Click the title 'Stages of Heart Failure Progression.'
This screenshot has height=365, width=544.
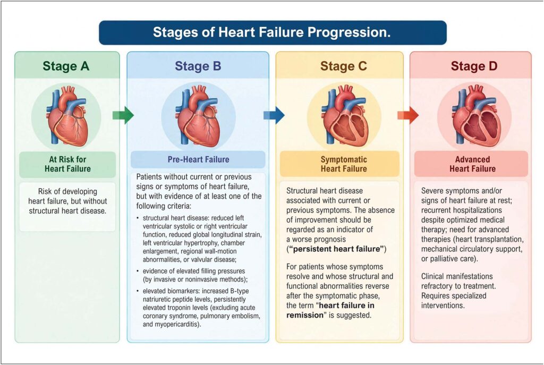click(271, 32)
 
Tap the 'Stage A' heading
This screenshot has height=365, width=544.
click(66, 66)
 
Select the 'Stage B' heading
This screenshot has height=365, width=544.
click(198, 66)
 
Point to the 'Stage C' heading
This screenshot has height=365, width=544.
click(344, 66)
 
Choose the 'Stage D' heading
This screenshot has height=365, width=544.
click(474, 66)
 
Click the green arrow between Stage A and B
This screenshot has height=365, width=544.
click(123, 115)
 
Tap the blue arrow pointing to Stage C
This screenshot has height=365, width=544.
click(274, 115)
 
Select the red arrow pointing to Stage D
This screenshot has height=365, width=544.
click(408, 115)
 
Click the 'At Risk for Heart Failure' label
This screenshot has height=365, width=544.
click(67, 164)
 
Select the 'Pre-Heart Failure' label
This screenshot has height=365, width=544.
click(199, 159)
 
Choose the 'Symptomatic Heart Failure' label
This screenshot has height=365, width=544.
click(344, 164)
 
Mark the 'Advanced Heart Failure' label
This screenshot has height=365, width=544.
click(472, 164)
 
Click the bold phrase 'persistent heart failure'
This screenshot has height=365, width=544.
click(336, 249)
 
